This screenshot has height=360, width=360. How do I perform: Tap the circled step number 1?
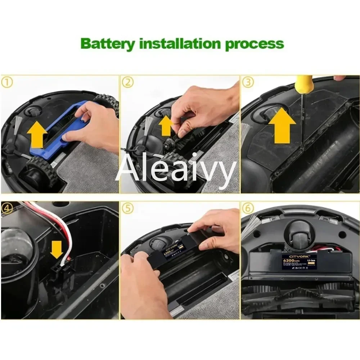point(7,82)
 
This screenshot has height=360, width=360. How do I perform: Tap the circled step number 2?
point(127,82)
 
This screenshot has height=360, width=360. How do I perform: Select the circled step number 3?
point(247,82)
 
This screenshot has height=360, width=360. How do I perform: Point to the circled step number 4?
point(7,208)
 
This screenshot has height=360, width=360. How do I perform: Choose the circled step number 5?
point(127,208)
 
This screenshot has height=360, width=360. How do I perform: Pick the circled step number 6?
point(247,208)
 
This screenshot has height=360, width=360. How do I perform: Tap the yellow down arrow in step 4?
point(57,249)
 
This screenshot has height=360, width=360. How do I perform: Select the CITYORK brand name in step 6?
point(294,255)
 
